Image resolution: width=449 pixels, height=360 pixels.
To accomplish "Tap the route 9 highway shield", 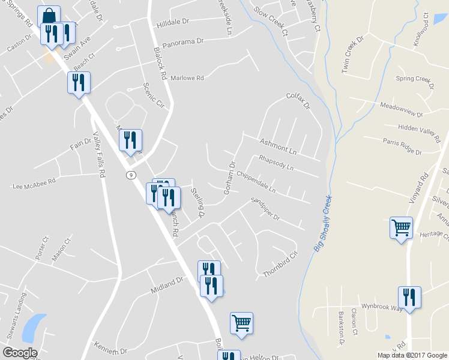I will click(130, 175).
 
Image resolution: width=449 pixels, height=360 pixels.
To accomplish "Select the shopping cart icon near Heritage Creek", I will click(401, 228).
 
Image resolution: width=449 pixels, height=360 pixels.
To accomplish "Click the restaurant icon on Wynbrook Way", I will click(409, 298).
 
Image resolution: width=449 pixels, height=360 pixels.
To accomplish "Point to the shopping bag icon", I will click(49, 16).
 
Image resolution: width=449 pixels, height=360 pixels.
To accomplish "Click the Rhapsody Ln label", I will click(276, 163).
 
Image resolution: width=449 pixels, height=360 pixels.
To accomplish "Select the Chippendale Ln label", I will click(256, 182).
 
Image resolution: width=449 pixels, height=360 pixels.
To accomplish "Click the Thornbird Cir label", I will click(280, 265).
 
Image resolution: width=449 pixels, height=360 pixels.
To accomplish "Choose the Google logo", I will click(20, 352).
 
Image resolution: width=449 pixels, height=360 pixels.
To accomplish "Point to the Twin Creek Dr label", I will click(353, 56).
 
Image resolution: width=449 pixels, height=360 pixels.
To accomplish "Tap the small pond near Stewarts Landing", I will click(34, 327).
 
